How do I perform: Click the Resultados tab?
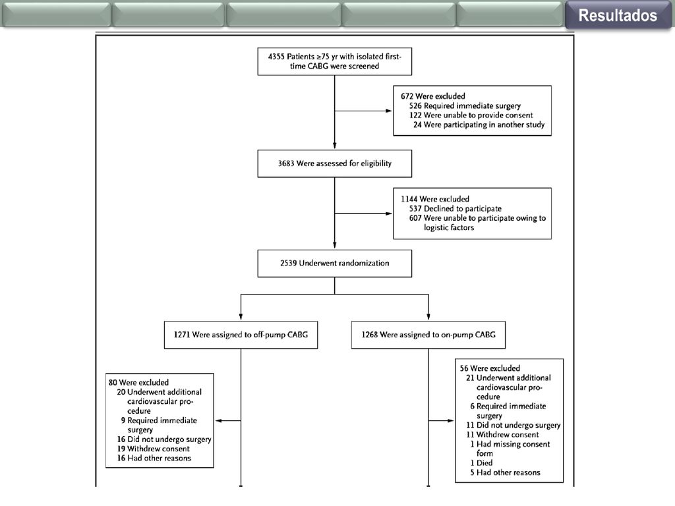coord(618,15)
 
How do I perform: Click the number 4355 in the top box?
coord(276,57)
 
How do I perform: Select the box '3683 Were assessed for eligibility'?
coord(334,163)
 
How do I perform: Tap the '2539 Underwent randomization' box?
coord(334,264)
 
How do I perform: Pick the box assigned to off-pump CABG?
coord(241,335)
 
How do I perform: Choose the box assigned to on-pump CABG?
coord(428,335)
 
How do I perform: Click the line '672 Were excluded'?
coord(432,96)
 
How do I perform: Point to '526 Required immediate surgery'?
coord(465,106)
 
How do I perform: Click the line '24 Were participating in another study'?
coord(479,125)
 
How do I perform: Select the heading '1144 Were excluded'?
coord(435,199)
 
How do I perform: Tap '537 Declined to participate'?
coord(455,209)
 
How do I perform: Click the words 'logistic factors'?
coord(448,227)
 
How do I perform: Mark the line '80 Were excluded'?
coord(138,383)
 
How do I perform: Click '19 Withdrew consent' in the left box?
coord(153,449)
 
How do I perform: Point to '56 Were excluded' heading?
coord(490,368)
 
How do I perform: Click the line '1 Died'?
coord(481,463)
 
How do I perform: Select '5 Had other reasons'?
coord(505,472)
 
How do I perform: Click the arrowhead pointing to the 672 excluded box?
coord(389,111)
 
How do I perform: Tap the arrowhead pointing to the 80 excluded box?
coord(218,421)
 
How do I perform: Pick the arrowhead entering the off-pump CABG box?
coord(241,317)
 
